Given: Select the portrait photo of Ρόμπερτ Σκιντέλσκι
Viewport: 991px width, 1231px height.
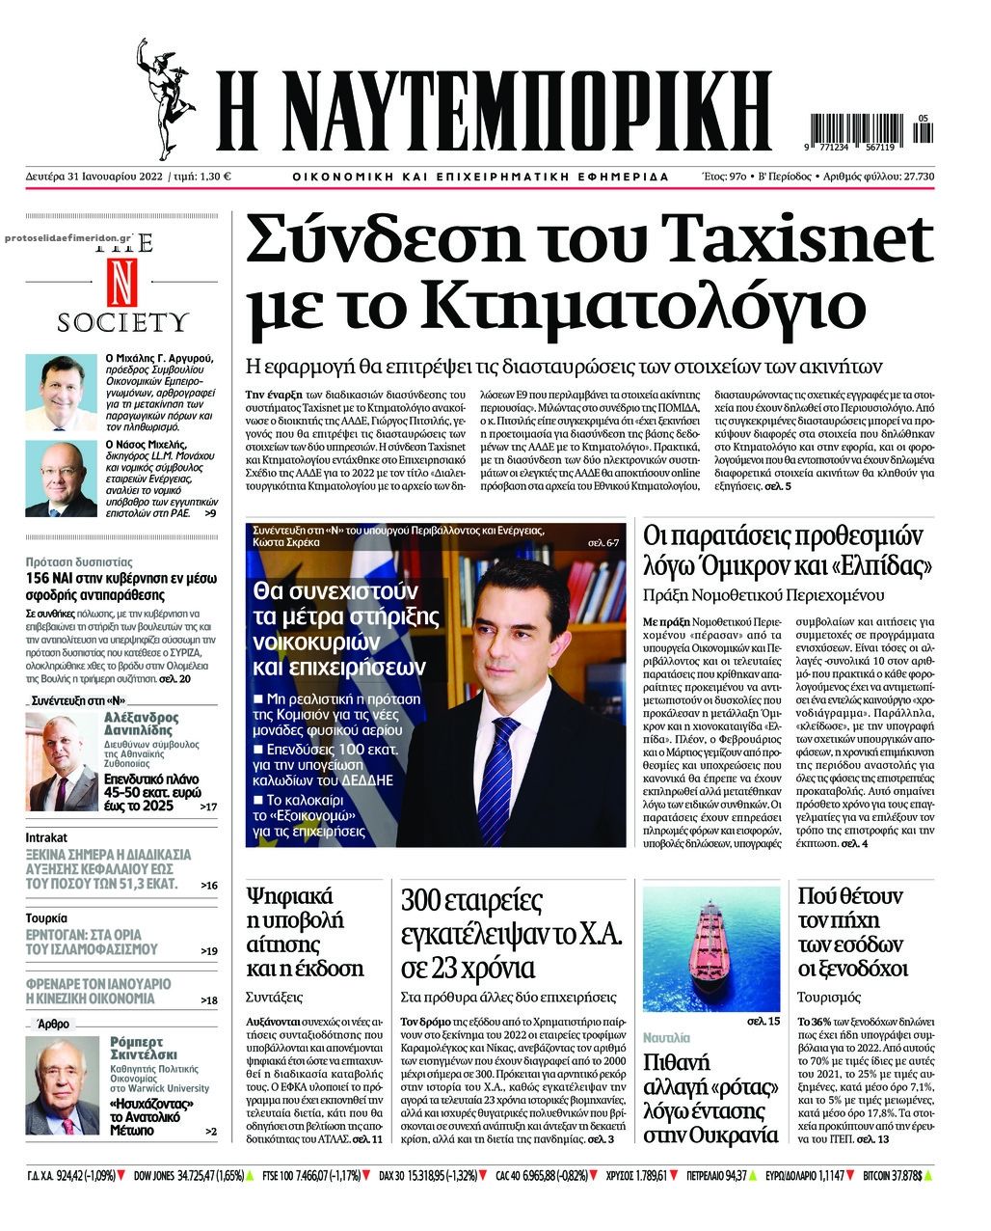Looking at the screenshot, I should click(63, 1086).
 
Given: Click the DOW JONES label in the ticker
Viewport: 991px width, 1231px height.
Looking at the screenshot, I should click(152, 1176).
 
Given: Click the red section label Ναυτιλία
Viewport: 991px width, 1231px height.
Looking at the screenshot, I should click(667, 1038).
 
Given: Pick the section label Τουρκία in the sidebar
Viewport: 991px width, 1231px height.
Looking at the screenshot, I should click(47, 918).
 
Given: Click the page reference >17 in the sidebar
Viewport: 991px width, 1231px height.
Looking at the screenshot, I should click(208, 806).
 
